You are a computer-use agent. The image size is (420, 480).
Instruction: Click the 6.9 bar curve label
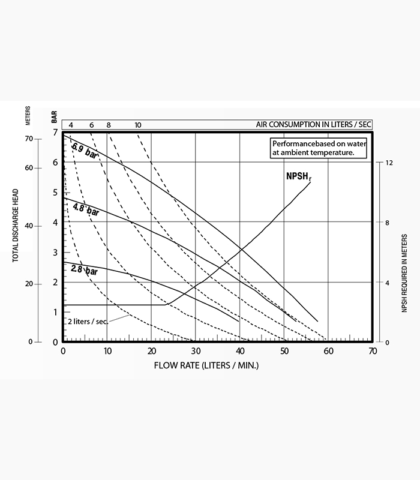[x=85, y=151]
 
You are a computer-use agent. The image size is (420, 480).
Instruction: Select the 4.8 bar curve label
[x=85, y=210]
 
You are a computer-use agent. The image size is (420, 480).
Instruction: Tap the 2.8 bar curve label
[x=84, y=270]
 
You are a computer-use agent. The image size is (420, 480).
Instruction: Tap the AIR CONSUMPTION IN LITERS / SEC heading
[x=314, y=124]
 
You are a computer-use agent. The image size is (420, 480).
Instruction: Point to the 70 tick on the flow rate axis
[x=373, y=352]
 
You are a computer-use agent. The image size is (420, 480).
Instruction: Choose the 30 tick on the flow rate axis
[x=196, y=352]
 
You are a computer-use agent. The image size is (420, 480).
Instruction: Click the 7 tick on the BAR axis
[x=55, y=132]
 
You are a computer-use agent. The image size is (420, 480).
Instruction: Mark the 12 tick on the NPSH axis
[x=389, y=163]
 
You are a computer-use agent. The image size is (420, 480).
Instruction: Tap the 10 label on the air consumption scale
[x=138, y=125]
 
